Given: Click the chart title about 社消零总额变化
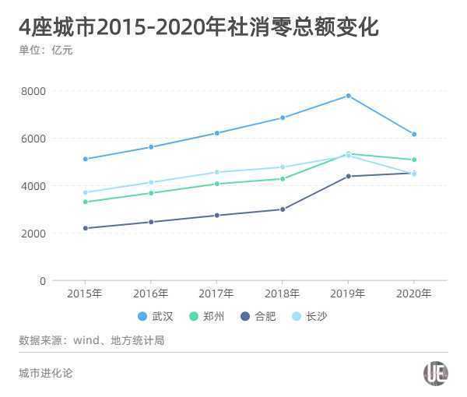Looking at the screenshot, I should point(198,28).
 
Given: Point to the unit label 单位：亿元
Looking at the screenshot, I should point(46,51).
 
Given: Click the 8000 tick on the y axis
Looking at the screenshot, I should point(33,91).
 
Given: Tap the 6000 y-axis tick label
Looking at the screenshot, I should point(33,139).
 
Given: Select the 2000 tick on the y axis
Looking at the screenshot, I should point(33,234).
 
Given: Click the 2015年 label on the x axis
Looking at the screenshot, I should point(85,293).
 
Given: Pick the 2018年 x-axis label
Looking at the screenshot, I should point(283,293).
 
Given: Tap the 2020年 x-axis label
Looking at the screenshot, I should point(414,293).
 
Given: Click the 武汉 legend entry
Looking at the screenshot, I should point(156,316).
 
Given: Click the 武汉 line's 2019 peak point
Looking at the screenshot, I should point(348,96).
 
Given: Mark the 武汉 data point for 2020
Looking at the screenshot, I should point(414,134).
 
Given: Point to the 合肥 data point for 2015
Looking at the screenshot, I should point(85,228).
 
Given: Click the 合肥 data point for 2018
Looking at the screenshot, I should point(283,209).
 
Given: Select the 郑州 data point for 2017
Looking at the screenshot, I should point(216,184).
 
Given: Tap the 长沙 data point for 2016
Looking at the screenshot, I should point(151,182).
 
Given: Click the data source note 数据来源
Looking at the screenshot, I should point(91,340).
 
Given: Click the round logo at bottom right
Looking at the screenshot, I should point(435,374).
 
